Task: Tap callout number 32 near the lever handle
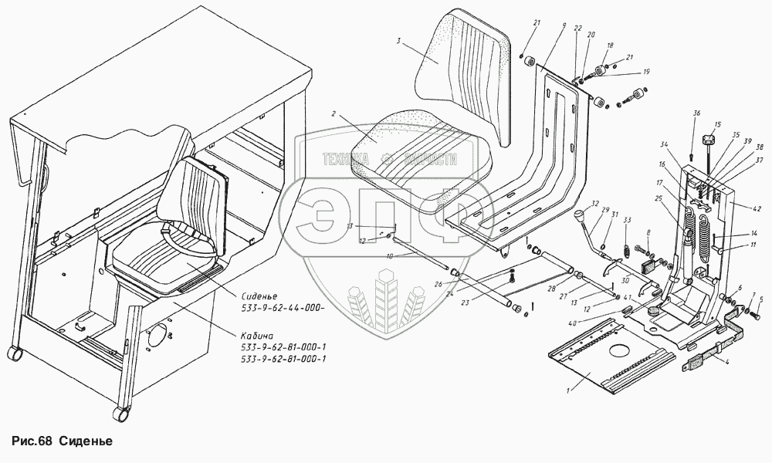(x=595, y=204)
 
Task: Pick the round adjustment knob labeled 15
(x=708, y=141)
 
